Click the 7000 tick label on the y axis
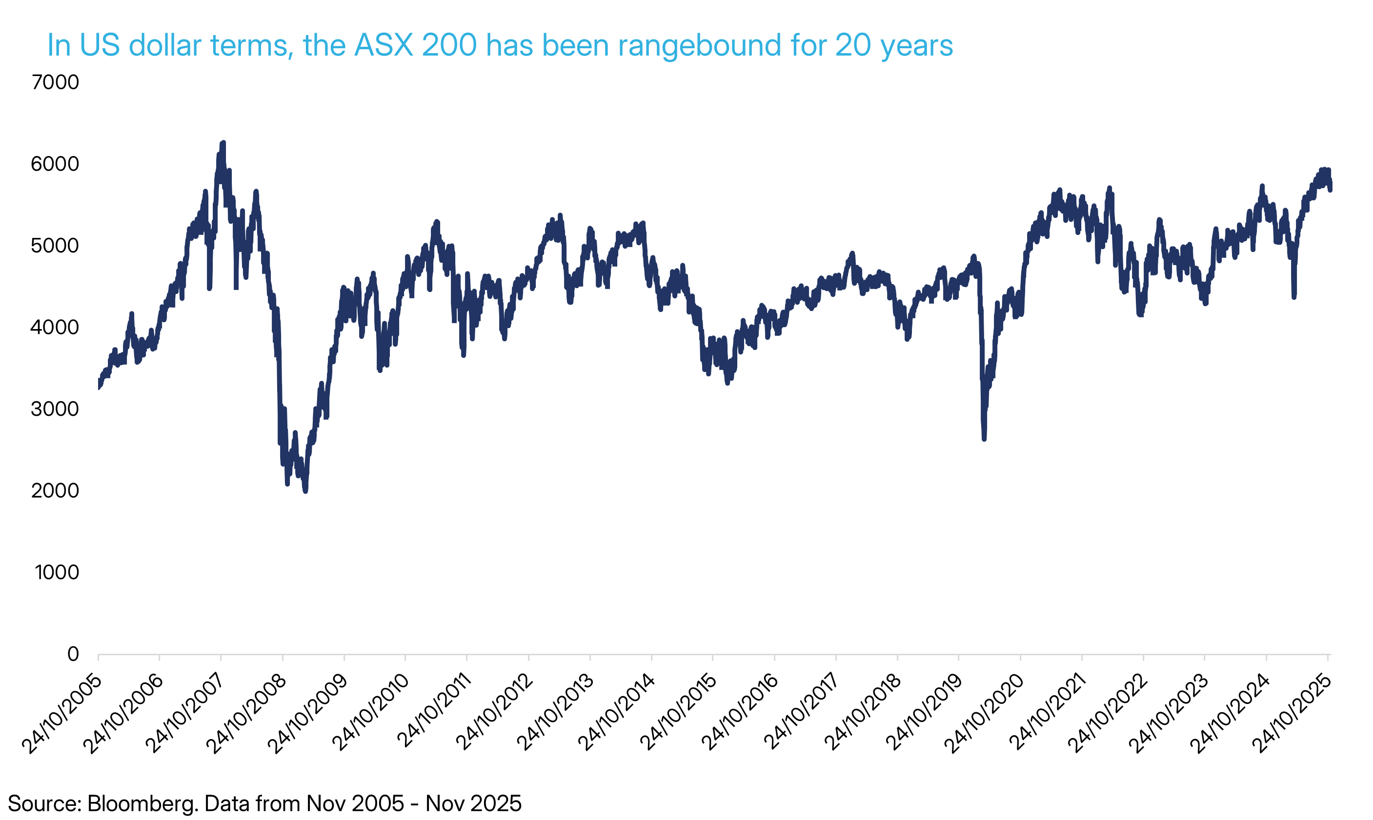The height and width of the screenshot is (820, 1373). coord(55,82)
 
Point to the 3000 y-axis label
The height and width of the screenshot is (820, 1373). coord(55,409)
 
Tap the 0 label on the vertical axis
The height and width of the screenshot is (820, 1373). coord(73,654)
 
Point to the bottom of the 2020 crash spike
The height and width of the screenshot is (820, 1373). coord(984,439)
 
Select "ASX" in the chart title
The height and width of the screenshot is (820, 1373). coord(383,45)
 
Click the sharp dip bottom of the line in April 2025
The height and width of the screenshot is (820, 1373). coord(1294,297)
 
